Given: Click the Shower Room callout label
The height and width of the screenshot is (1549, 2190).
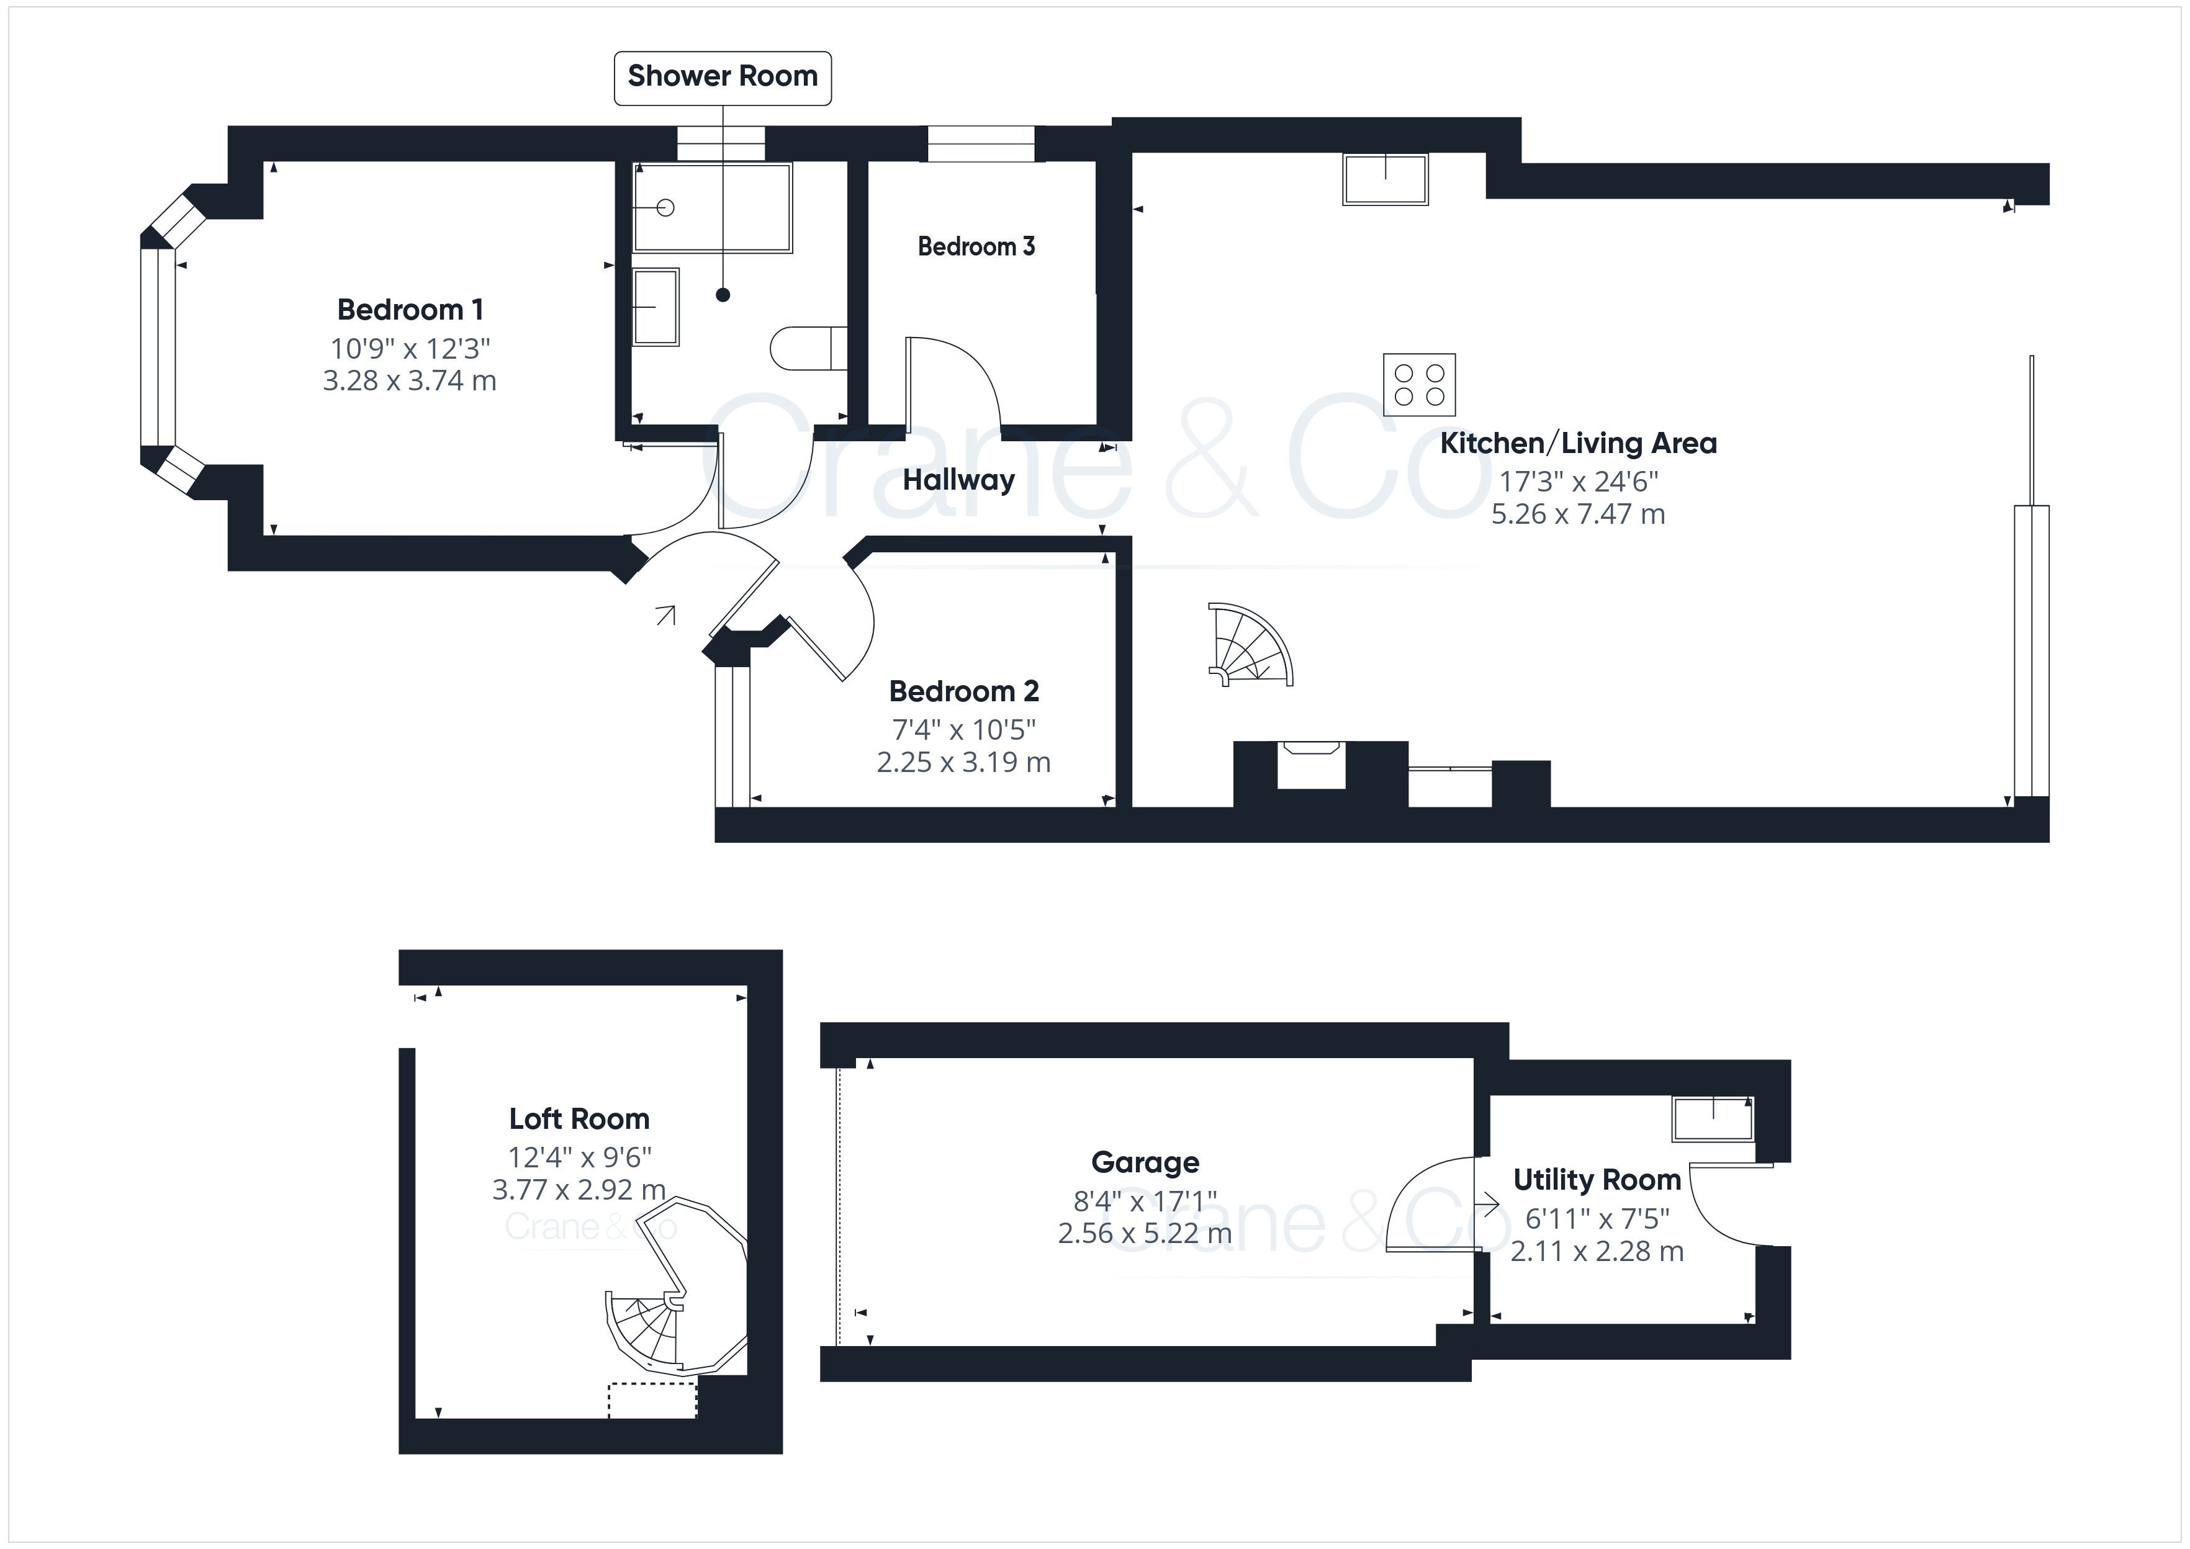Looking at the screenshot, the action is coord(722,77).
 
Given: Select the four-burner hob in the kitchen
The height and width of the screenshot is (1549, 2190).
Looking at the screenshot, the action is coord(1419,384).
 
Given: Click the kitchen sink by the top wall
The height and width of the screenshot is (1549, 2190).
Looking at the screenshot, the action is coord(1385,178).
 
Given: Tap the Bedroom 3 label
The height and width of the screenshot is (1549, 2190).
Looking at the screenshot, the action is coord(976,246).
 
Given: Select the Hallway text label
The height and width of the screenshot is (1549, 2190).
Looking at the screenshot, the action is coord(958,480).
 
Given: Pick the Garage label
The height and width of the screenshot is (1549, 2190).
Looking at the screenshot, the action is coord(1145,1162).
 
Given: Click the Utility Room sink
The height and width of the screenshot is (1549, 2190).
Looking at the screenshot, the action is coord(1712,1118).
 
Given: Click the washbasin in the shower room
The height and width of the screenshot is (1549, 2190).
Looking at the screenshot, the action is coord(656,306).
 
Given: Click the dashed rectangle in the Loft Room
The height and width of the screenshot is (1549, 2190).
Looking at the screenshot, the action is coord(652,1399).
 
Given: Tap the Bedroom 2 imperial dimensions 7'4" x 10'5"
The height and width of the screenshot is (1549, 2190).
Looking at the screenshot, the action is coord(963,730).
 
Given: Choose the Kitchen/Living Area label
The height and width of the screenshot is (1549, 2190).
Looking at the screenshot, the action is coord(1578,444).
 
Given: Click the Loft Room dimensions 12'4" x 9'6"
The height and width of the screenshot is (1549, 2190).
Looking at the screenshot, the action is coord(579,1157).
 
